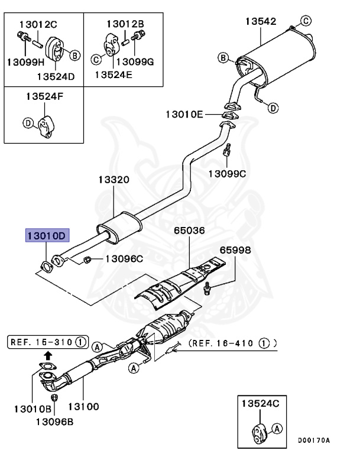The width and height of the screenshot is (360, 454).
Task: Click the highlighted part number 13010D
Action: (x=47, y=236)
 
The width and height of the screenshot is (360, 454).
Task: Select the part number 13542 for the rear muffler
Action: (x=261, y=22)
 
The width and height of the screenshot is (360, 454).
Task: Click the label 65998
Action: (x=235, y=250)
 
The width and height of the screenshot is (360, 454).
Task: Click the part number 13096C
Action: (x=124, y=258)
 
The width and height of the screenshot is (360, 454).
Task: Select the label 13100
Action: (x=83, y=407)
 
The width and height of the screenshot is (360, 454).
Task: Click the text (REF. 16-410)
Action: (x=233, y=342)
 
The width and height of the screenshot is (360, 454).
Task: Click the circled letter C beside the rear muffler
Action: (x=306, y=21)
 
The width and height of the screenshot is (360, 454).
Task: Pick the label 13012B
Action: (x=125, y=24)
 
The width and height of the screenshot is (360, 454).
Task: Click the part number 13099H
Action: (x=25, y=62)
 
